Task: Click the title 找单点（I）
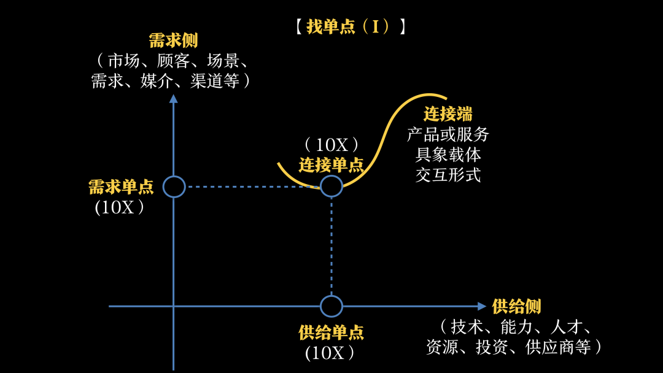click(x=349, y=27)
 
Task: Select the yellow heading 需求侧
click(x=173, y=41)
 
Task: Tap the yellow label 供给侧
click(x=516, y=306)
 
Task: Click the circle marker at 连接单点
click(x=331, y=186)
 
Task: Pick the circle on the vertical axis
click(x=174, y=186)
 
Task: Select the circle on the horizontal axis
click(x=331, y=306)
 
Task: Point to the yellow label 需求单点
click(x=121, y=186)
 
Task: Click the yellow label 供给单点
click(x=331, y=333)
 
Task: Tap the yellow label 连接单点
click(x=331, y=165)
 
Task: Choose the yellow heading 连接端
click(x=448, y=114)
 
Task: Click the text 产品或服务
click(x=448, y=134)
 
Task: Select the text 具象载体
click(x=448, y=155)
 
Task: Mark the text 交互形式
click(x=448, y=175)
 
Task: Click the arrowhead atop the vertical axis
click(x=174, y=98)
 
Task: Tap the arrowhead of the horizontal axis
click(x=482, y=306)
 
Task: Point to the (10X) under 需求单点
click(x=120, y=207)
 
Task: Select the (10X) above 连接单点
click(x=331, y=145)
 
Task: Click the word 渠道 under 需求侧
click(x=202, y=81)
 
